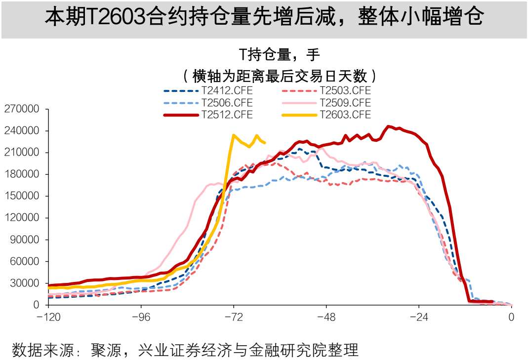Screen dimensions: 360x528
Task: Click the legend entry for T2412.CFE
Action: [x=227, y=91]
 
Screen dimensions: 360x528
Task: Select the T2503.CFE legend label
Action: [x=345, y=91]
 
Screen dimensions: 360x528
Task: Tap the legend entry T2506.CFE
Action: [x=227, y=103]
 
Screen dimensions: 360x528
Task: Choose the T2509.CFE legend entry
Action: [x=345, y=103]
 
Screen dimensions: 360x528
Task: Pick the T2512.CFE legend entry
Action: [x=227, y=115]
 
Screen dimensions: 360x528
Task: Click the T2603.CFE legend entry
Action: [x=345, y=115]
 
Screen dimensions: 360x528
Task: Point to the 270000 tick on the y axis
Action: [x=21, y=109]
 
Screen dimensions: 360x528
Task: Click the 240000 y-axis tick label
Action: [x=21, y=131]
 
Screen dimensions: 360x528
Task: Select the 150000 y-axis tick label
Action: [x=21, y=196]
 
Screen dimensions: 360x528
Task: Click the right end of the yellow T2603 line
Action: [x=265, y=143]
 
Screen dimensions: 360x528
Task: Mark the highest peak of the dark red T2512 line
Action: [x=388, y=126]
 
